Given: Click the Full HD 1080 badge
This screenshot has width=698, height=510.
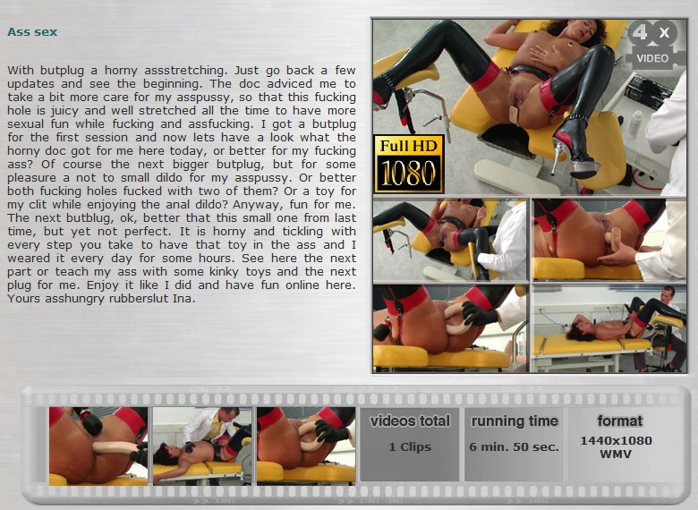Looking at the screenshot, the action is [x=409, y=165].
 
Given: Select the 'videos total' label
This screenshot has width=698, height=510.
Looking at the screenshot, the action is [x=410, y=421].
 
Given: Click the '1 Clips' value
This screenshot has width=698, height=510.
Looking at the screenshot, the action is [x=410, y=446].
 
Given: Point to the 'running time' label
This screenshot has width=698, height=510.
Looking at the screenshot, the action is [x=515, y=421].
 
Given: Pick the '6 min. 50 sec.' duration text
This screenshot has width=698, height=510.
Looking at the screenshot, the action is [x=515, y=446].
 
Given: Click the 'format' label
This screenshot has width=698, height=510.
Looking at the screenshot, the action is [x=619, y=421].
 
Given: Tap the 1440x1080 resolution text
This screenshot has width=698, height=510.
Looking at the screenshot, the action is [x=616, y=440].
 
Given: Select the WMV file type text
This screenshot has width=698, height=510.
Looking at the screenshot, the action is [x=616, y=454].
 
